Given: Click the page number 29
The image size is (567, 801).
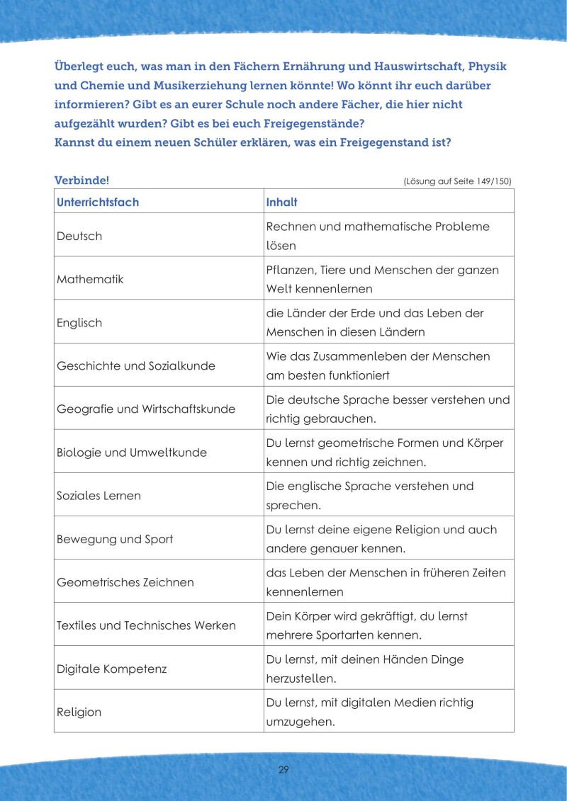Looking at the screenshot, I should (x=283, y=770).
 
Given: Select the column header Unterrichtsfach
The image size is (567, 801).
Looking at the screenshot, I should (x=98, y=202).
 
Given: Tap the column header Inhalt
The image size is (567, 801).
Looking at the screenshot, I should (x=281, y=202).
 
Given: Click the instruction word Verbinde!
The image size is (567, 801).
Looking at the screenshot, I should (x=82, y=181).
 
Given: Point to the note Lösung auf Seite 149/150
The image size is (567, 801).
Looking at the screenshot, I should (x=457, y=181).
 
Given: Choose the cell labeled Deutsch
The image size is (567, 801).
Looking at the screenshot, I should (x=79, y=236).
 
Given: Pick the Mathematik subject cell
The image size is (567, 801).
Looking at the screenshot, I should (x=90, y=279).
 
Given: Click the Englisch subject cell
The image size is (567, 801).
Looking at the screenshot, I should (x=79, y=323).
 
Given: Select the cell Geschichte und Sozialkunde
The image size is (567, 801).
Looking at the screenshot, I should (x=136, y=366).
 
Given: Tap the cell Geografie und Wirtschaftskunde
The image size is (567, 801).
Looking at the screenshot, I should (x=146, y=409).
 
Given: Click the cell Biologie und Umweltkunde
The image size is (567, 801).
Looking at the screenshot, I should (x=132, y=453).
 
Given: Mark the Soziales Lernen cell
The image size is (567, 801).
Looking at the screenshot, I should (x=99, y=496).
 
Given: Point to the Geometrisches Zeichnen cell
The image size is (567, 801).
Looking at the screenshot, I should (x=125, y=582).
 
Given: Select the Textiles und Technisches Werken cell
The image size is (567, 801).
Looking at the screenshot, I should (x=146, y=625).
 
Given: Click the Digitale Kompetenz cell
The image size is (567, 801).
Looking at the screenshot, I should (x=111, y=669).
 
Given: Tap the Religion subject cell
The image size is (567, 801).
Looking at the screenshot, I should (x=79, y=712).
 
